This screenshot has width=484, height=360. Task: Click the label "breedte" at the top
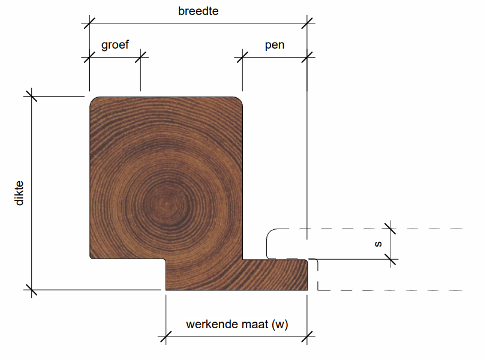pos(198,11)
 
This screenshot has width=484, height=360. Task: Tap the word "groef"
pos(115,45)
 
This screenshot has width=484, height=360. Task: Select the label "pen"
pos(274,45)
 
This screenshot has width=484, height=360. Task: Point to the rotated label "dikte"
pos(20,193)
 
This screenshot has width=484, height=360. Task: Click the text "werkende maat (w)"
pos(237,325)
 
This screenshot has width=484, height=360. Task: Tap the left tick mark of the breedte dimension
pos(89,23)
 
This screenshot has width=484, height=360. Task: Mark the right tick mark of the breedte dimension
pos(308,23)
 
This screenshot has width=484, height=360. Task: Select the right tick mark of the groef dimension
pos(140,57)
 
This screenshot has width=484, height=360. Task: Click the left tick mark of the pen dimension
pos(242,57)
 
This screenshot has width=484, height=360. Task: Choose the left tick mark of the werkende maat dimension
pos(166,337)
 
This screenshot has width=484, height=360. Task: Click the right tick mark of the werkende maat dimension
pos(308,337)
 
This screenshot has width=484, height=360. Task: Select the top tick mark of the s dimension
pos(390,228)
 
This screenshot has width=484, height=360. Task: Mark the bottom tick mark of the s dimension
pos(390,259)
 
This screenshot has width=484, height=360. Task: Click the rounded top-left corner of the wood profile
pos(94,101)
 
